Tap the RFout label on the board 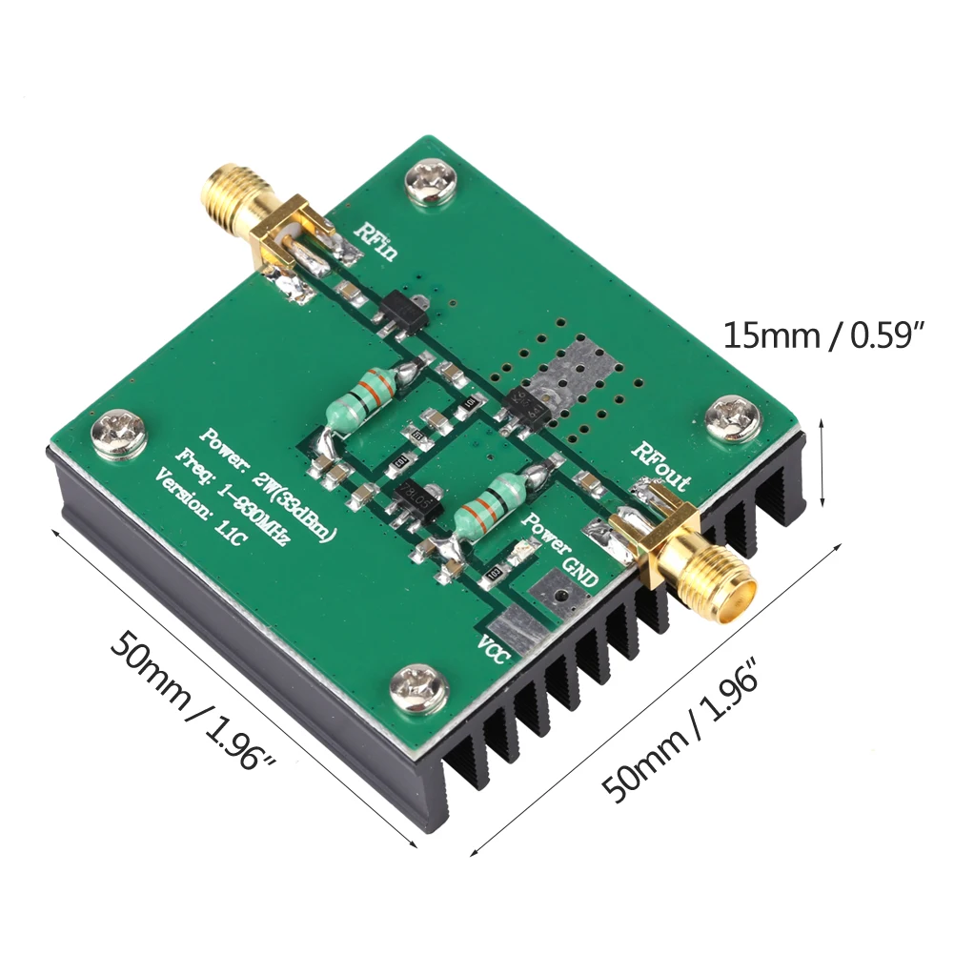click(662, 466)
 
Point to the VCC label click(496, 647)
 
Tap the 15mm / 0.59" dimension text click(824, 335)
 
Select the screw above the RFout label click(734, 416)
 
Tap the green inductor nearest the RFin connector click(363, 396)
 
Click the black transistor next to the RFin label click(399, 311)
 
